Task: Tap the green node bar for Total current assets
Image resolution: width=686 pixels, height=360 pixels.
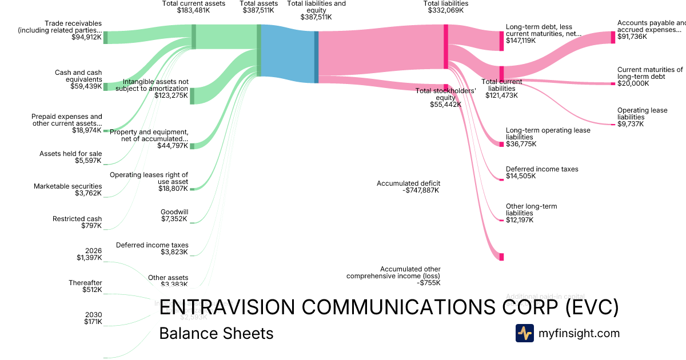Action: point(194,37)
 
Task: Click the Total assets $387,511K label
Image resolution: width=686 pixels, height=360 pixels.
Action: point(259,7)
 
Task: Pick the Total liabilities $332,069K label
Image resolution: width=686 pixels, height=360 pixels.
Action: point(446,7)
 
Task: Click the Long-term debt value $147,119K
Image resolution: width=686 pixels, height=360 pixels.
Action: point(521,41)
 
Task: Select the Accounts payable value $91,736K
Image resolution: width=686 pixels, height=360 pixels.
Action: point(632,37)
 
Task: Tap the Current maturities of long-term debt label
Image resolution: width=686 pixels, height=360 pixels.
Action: point(650,73)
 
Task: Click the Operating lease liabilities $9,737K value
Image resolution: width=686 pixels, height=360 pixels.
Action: point(631,124)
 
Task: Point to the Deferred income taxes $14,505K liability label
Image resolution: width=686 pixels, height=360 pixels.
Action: point(541,173)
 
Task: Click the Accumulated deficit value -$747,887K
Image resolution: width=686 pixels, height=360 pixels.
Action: point(421,190)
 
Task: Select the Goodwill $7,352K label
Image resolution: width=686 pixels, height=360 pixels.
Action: point(174,215)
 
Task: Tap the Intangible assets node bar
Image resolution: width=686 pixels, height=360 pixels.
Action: point(192,96)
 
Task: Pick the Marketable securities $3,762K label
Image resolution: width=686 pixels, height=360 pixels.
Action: point(67,190)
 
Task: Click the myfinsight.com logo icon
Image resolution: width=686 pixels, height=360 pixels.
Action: point(524,333)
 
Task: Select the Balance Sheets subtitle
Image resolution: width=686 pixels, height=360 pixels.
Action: point(216,334)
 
